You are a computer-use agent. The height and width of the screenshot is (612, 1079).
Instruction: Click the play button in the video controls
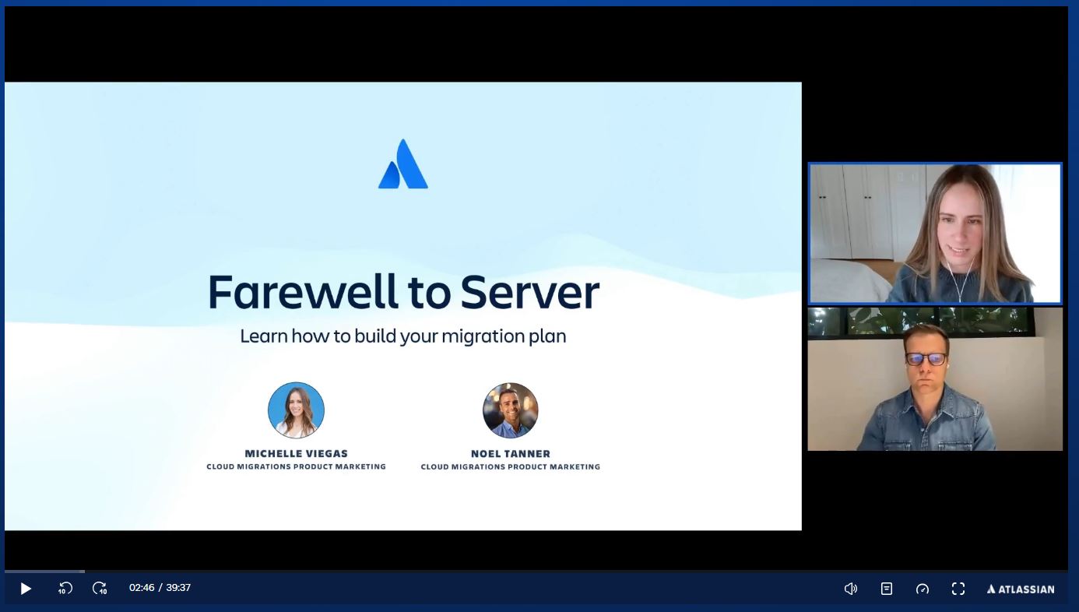[x=26, y=589]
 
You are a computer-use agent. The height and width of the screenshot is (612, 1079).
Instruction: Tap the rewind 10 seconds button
[x=65, y=589]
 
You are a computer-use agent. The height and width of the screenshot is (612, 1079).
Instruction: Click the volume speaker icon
[x=851, y=589]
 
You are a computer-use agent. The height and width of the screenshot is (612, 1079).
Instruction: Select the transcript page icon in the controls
[x=886, y=589]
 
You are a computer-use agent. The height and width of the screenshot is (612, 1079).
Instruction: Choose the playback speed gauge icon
[x=922, y=589]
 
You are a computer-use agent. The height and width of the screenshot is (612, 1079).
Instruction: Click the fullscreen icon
[x=958, y=589]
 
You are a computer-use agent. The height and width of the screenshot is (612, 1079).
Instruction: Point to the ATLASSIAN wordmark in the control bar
[x=1021, y=589]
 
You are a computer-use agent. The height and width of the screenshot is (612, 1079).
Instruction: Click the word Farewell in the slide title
[x=304, y=292]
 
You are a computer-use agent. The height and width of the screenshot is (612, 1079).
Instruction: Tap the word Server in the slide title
[x=530, y=292]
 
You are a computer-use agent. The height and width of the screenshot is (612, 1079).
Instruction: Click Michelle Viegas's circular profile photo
[x=296, y=410]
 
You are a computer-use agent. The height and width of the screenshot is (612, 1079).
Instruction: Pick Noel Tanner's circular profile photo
[x=511, y=410]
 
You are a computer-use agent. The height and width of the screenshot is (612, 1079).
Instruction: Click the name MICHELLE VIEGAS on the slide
[x=297, y=453]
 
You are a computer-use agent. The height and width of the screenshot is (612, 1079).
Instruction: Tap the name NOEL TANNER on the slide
[x=511, y=453]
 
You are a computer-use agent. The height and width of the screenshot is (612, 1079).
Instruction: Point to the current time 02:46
[x=142, y=587]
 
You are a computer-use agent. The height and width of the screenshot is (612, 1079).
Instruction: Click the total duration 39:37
[x=178, y=587]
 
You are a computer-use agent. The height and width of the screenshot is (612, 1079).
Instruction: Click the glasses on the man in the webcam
[x=926, y=359]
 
